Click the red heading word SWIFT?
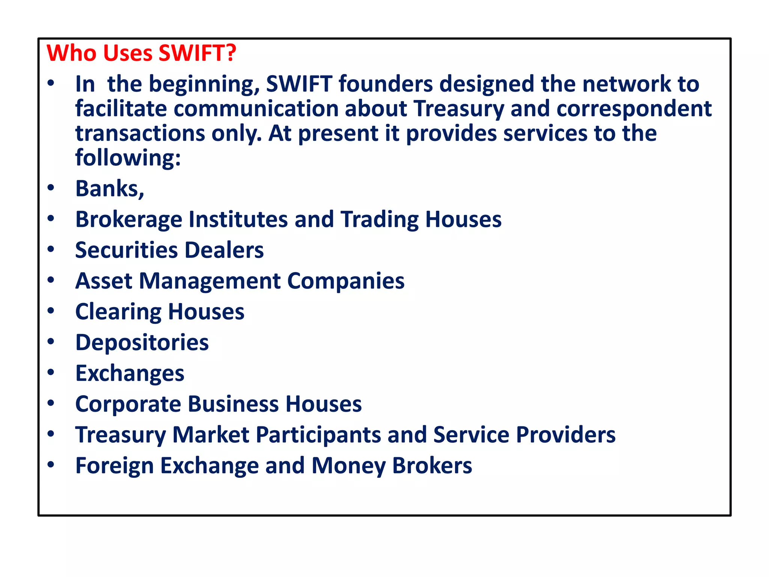[198, 53]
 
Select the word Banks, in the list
[110, 189]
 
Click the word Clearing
[118, 312]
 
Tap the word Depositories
[142, 343]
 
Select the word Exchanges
[130, 373]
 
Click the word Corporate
[128, 404]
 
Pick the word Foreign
[115, 466]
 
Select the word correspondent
[634, 109]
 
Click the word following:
[128, 158]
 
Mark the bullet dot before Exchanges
[51, 372]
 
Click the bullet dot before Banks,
[51, 187]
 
